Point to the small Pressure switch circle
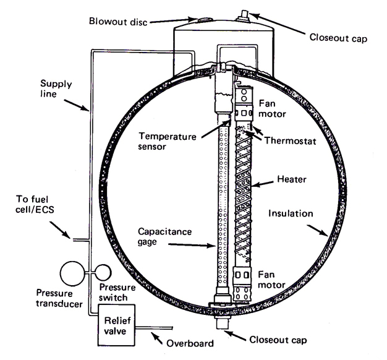102,272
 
